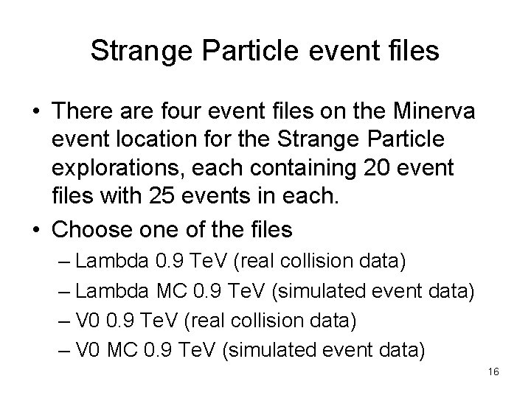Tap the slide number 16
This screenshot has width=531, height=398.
tap(493, 372)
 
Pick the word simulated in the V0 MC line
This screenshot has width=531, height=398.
tap(276, 348)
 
